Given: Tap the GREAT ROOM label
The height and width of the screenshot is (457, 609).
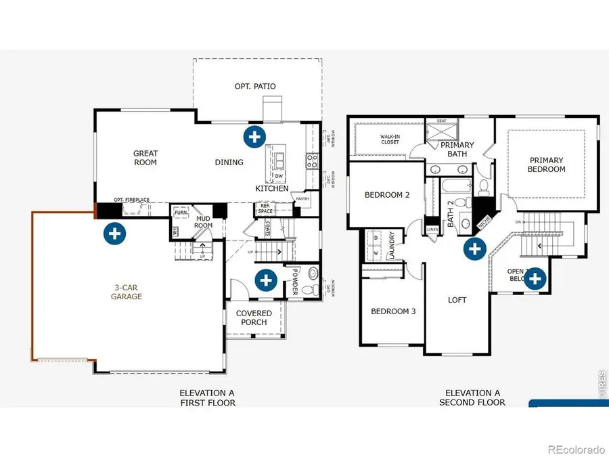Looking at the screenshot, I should point(145,158).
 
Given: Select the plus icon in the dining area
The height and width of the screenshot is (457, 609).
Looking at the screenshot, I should point(254,136).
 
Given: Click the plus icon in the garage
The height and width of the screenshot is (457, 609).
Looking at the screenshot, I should point(114,234).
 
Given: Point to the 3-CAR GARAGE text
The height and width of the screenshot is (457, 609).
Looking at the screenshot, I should point(127,291).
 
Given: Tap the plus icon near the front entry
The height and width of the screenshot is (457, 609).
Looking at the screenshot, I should point(265,279).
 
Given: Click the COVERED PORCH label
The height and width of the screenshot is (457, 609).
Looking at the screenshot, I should point(254,318).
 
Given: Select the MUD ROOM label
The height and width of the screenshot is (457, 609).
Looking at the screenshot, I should point(204,222).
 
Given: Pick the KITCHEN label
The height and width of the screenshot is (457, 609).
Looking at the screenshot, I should point(272,188).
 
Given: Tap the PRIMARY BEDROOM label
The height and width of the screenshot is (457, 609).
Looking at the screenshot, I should point(546,165).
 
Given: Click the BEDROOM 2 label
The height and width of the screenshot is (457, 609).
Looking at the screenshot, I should point(387,195).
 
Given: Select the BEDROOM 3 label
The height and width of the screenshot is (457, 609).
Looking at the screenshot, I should point(392,311).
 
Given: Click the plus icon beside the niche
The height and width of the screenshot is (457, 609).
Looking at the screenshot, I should point(474,248).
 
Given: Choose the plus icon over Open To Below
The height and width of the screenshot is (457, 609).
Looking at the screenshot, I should point(535,278).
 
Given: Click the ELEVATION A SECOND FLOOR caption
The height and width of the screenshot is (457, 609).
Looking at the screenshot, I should point(473,397).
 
